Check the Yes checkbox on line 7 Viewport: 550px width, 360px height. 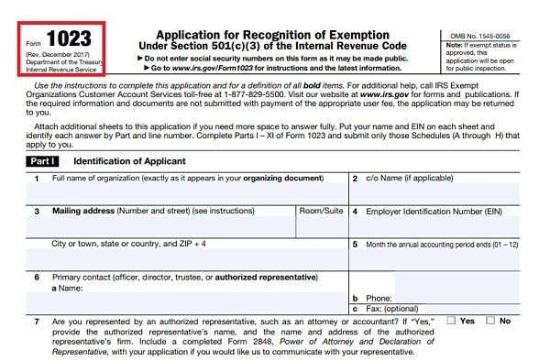point(451,322)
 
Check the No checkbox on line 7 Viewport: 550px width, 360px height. point(490,322)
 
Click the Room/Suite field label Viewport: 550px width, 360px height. point(322,211)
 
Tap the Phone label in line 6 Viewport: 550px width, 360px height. point(379,299)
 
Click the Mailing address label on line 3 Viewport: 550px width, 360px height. point(82,211)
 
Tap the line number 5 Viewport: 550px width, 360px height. point(355,244)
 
